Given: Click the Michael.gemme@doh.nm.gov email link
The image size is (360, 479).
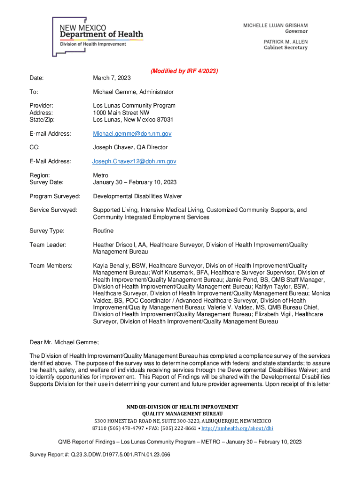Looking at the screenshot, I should pyautogui.click(x=132, y=134).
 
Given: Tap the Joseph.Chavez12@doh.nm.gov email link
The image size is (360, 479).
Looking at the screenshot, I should pyautogui.click(x=134, y=161).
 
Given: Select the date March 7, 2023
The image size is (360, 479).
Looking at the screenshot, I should pyautogui.click(x=112, y=78).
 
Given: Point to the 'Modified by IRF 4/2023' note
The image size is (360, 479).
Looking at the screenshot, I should pyautogui.click(x=184, y=71).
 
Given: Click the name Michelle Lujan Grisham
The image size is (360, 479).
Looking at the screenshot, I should pyautogui.click(x=275, y=25).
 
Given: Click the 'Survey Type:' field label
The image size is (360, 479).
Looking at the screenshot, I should pyautogui.click(x=47, y=231).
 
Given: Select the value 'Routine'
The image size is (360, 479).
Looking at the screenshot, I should pyautogui.click(x=103, y=231).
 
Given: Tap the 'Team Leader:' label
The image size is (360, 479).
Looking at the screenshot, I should pyautogui.click(x=48, y=245).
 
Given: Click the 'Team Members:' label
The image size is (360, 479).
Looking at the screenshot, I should pyautogui.click(x=50, y=266).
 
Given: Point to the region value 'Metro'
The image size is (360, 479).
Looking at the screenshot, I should pyautogui.click(x=101, y=175).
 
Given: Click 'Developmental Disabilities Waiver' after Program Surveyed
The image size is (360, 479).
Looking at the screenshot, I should pyautogui.click(x=137, y=196).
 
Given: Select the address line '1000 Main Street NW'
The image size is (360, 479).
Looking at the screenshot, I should pyautogui.click(x=121, y=113).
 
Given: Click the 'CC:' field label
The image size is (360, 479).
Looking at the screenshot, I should pyautogui.click(x=35, y=147).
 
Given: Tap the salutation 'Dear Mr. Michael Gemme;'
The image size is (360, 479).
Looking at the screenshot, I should pyautogui.click(x=64, y=342).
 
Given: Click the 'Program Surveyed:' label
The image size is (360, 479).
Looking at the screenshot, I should pyautogui.click(x=55, y=196).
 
